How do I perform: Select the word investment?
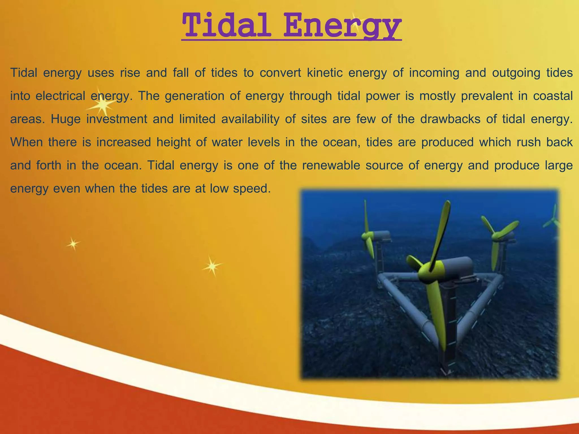pos(116,119)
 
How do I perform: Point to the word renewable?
pos(331,165)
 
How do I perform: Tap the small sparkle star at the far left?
pos(73,244)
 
